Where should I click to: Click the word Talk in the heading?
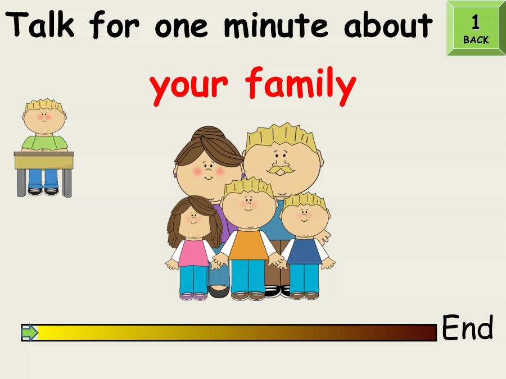coord(40,25)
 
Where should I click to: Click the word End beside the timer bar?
coord(467,327)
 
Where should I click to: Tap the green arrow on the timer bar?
coord(30,332)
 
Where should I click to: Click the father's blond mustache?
coord(280,169)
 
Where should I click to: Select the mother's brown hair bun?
coord(208,133)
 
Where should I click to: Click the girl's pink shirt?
coord(193,253)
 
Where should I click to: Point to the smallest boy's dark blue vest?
coord(304,251)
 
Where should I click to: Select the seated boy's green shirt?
coord(44,143)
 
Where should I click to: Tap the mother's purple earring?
coord(175,176)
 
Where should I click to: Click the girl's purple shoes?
coord(193,296)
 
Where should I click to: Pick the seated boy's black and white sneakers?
coord(43,191)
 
